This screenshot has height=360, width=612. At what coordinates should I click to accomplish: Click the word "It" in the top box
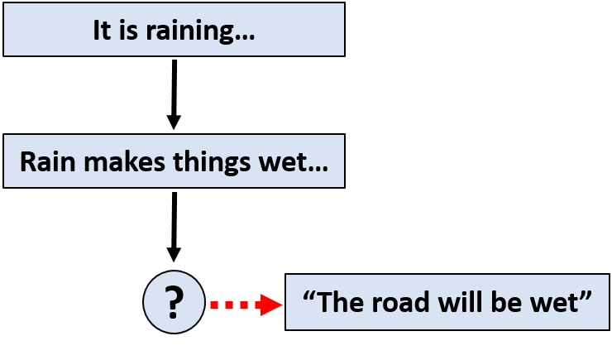(102, 31)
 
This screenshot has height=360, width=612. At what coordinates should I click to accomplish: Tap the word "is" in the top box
(126, 31)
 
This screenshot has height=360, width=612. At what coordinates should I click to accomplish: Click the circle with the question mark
(174, 301)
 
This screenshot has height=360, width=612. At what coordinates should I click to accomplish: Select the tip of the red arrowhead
(279, 305)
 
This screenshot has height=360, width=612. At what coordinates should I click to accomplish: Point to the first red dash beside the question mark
(215, 305)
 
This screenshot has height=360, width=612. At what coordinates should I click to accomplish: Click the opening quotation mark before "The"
(308, 295)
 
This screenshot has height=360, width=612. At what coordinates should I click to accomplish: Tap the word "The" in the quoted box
(339, 302)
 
